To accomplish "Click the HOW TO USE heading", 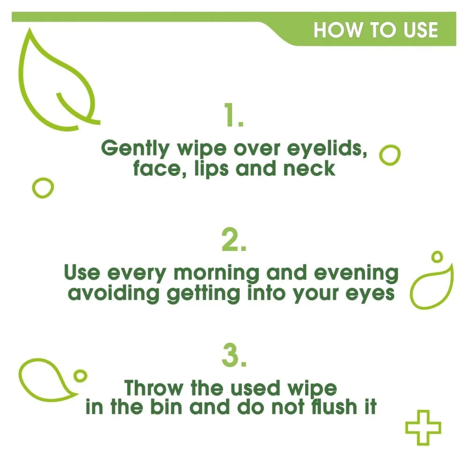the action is pyautogui.click(x=375, y=30).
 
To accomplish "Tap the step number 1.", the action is pyautogui.click(x=234, y=115).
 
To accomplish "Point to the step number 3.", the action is pyautogui.click(x=234, y=355).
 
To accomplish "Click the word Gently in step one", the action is pyautogui.click(x=135, y=148).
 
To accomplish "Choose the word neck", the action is pyautogui.click(x=309, y=168).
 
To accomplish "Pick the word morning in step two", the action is pyautogui.click(x=216, y=273).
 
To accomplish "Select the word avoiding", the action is pyautogui.click(x=113, y=293).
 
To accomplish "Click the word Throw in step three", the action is pyautogui.click(x=154, y=388).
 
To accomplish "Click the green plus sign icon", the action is pyautogui.click(x=423, y=428).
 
